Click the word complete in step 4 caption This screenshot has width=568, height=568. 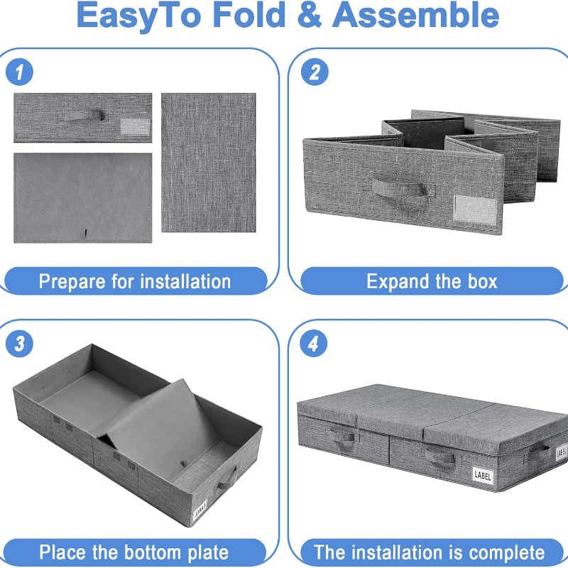point(502,552)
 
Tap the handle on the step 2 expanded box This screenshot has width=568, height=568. point(403,189)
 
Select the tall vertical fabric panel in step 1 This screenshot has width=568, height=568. point(208,162)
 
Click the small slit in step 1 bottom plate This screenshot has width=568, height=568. point(84,233)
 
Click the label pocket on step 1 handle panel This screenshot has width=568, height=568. point(134,126)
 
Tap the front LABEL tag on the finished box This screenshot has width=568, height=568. point(483,475)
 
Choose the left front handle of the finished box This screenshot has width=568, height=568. point(344,437)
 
